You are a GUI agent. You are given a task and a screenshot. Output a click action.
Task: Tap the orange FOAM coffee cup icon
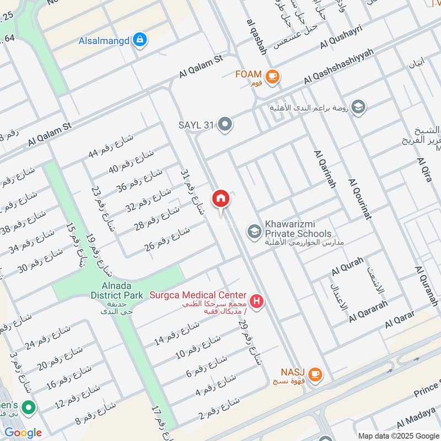(272, 77)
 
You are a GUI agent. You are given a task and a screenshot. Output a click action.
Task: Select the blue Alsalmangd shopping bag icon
(141, 39)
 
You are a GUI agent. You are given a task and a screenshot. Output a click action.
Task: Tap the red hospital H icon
(256, 302)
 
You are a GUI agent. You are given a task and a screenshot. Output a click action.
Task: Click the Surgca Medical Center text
(198, 295)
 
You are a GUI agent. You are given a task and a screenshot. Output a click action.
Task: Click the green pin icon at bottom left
(28, 408)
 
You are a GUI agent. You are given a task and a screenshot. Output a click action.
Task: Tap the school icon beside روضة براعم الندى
(358, 107)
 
